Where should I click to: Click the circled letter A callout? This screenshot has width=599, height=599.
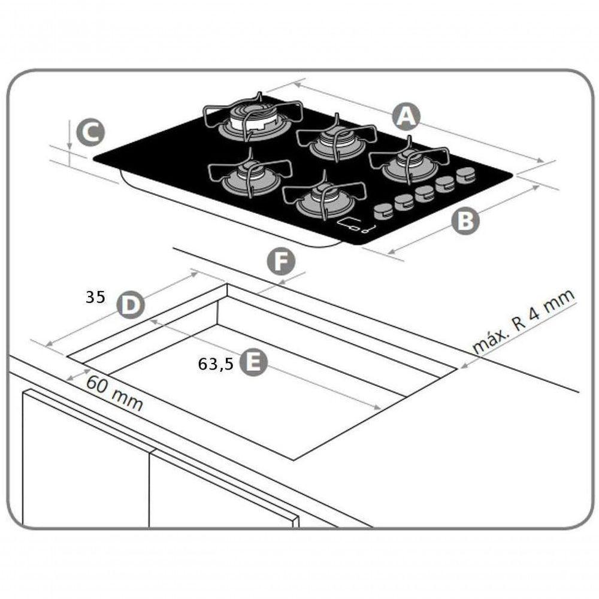click(x=407, y=116)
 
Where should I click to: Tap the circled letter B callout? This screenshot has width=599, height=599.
click(x=465, y=220)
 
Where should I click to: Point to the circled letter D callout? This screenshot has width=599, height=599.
click(x=130, y=305)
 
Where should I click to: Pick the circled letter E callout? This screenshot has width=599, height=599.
click(x=253, y=362)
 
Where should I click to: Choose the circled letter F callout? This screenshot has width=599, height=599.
click(x=281, y=262)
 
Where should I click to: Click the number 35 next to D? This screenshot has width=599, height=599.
click(x=95, y=297)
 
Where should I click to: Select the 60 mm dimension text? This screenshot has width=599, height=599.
click(x=114, y=392)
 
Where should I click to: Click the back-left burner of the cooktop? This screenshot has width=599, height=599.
click(x=253, y=119)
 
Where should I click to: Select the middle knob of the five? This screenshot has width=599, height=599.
click(x=425, y=193)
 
